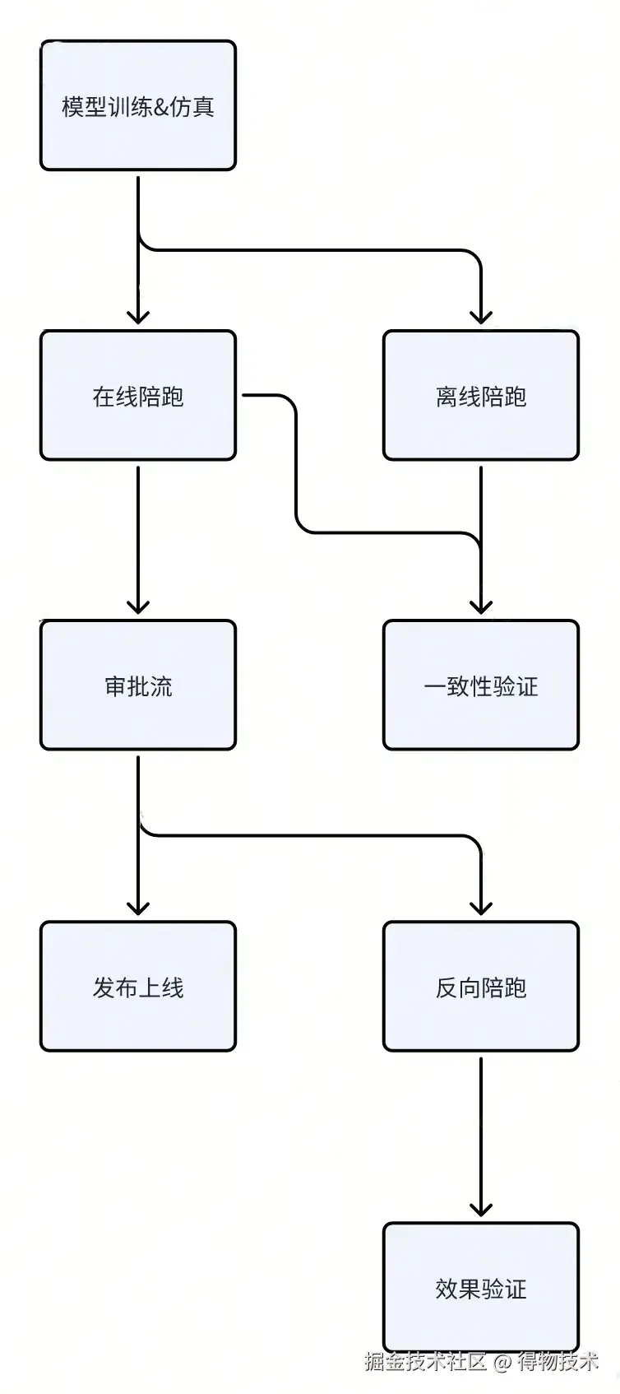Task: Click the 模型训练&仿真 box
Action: tap(138, 106)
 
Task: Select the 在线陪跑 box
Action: tap(138, 396)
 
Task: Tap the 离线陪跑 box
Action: tap(481, 396)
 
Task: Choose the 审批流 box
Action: tap(138, 685)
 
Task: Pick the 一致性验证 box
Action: tap(481, 685)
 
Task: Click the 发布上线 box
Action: tap(138, 987)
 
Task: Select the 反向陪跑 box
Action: tap(481, 987)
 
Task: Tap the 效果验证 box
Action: tap(481, 1288)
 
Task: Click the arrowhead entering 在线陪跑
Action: tap(138, 317)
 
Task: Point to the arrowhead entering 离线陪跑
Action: tap(481, 317)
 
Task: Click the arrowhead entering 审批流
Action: tap(138, 606)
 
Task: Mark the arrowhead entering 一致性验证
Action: tap(481, 606)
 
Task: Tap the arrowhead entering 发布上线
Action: tap(138, 908)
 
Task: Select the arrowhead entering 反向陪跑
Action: tap(481, 908)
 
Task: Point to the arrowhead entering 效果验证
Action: tap(481, 1209)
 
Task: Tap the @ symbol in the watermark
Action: tap(502, 1362)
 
